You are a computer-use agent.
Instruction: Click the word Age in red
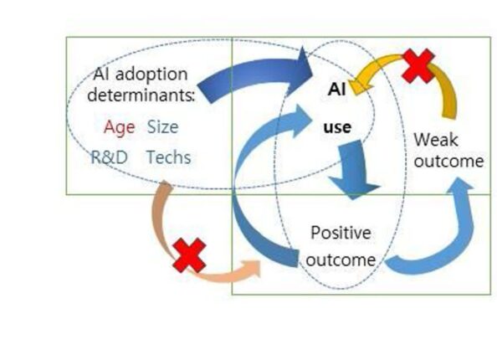tap(119, 127)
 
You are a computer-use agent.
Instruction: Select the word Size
tap(162, 126)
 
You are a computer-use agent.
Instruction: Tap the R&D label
tap(110, 157)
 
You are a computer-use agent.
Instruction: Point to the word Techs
tap(169, 157)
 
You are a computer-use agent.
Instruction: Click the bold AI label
tap(336, 89)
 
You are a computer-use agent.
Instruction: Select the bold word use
tap(337, 127)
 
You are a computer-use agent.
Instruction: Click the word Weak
tap(436, 140)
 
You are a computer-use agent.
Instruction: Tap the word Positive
tap(341, 233)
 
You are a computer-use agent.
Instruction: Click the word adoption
tap(151, 75)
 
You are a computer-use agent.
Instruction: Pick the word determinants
tap(141, 95)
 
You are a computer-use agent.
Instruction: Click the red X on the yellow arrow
tap(418, 65)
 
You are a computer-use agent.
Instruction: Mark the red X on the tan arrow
tap(190, 255)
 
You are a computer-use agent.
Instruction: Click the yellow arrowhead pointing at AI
tap(361, 85)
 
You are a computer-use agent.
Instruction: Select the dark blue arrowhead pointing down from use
tap(354, 188)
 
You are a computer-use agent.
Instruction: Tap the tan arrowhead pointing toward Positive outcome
tap(251, 269)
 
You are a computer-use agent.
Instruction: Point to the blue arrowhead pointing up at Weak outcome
tap(460, 186)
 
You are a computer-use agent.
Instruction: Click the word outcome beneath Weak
tap(448, 161)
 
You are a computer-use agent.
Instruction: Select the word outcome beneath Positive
tap(341, 260)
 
